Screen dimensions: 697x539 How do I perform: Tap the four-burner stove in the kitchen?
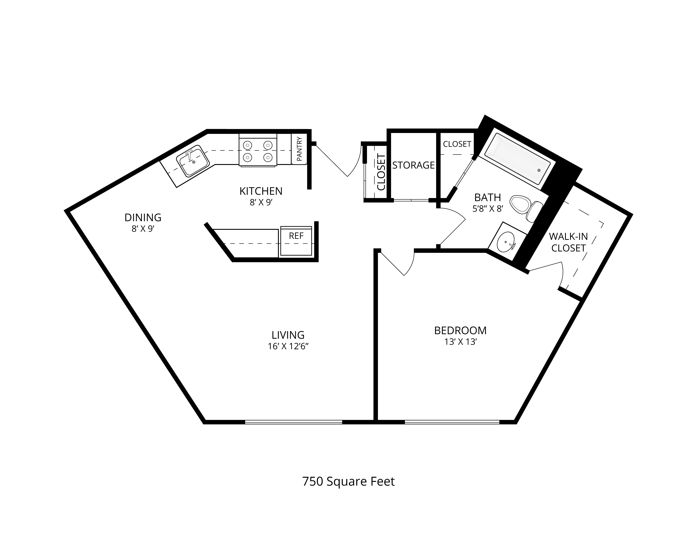[x=258, y=150]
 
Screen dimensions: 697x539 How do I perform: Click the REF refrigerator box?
[x=296, y=241]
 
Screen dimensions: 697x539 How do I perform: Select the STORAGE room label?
[x=413, y=165]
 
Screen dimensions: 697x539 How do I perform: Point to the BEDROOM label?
[x=460, y=331]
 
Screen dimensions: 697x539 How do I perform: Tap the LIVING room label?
[x=288, y=335]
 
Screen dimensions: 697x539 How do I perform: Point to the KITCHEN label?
[x=261, y=191]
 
